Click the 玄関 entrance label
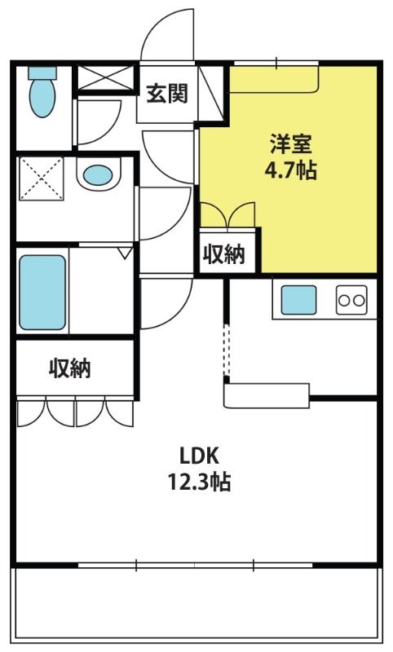(167, 93)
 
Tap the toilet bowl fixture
(42, 98)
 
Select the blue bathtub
(42, 293)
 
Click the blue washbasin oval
(98, 175)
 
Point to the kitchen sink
(298, 300)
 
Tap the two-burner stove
(352, 300)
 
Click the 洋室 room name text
(291, 144)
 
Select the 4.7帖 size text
(291, 170)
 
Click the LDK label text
(199, 456)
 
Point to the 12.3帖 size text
(199, 482)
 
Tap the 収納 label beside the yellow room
(223, 253)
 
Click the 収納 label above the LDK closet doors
(70, 368)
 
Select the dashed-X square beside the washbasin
(41, 178)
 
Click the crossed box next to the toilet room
(106, 77)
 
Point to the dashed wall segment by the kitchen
(226, 350)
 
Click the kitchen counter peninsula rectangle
(267, 395)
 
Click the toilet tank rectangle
(42, 73)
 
